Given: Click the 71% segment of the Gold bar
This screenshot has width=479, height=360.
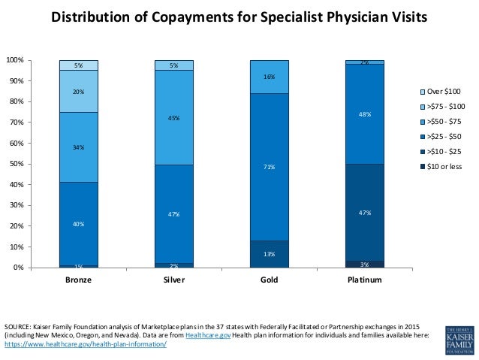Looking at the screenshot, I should coord(269,167).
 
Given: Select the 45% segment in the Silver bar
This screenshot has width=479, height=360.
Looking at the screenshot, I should coord(173,118).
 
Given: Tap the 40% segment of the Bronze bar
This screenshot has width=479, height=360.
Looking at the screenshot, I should coord(79,224).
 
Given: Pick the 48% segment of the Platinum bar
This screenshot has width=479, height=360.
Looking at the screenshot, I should coord(364,114).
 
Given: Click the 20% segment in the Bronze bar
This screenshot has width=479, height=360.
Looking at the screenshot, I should coord(79,92).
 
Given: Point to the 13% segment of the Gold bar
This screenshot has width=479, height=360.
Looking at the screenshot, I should coord(269,254).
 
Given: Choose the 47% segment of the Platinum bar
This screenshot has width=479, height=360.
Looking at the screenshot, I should coord(364,213).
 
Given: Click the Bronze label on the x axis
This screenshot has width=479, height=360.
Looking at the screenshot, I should coord(79,280).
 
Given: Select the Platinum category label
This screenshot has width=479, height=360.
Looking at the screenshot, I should coord(364,280).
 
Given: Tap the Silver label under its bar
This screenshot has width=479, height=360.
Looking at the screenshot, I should coord(173,280).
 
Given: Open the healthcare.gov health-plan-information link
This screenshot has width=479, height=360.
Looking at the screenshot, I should coord(86,343).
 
